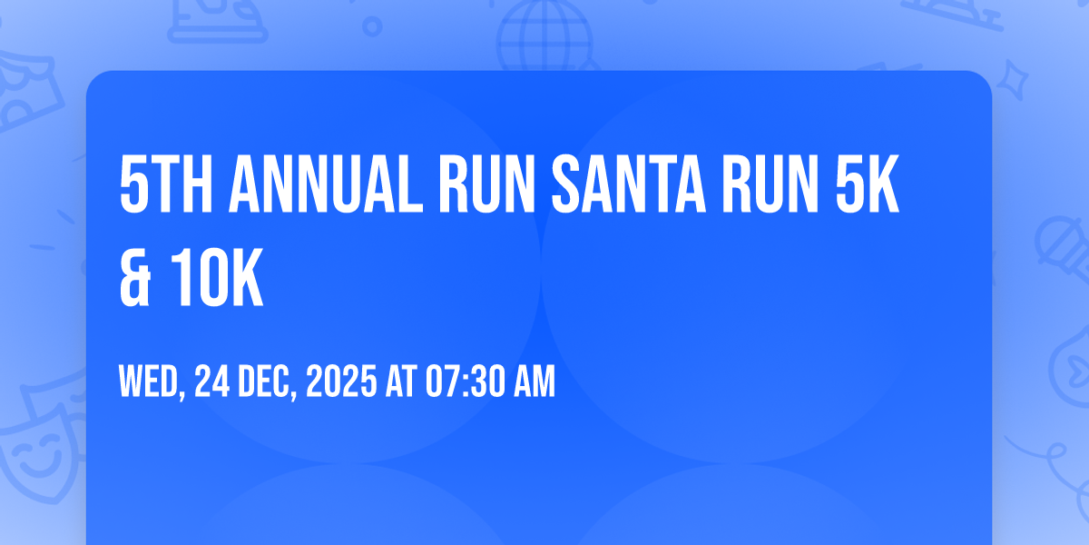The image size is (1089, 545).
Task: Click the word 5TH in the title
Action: tap(166, 183)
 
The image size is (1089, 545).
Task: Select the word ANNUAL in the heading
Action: tap(326, 183)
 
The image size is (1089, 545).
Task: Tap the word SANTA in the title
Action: tap(629, 183)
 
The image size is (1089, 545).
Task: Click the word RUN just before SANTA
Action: tap(487, 183)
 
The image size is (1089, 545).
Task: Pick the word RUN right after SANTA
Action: tap(771, 183)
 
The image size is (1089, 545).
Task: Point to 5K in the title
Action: tap(867, 183)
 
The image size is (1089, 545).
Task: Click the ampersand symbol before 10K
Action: tap(134, 277)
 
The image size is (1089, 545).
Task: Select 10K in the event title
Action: tap(217, 277)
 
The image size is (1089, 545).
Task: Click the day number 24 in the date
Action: tap(212, 381)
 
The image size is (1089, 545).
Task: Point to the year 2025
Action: tap(341, 381)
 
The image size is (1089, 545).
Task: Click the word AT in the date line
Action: tap(401, 381)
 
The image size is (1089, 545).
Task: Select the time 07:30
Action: tap(466, 381)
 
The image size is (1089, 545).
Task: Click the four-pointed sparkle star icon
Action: tap(1012, 80)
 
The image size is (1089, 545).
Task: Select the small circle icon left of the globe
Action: tap(372, 26)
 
